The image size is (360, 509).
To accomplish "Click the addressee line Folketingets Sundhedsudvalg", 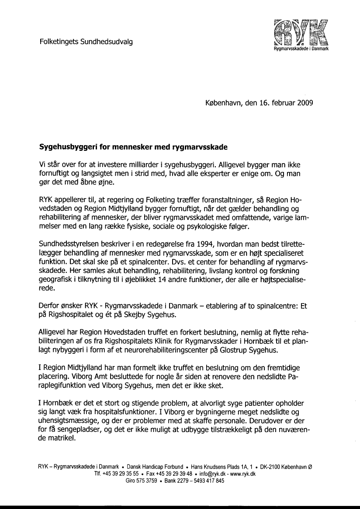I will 86,42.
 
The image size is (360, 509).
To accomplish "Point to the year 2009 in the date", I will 305,104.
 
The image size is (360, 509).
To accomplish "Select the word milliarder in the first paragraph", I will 155,164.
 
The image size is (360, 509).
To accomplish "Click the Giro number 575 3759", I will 148,481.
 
